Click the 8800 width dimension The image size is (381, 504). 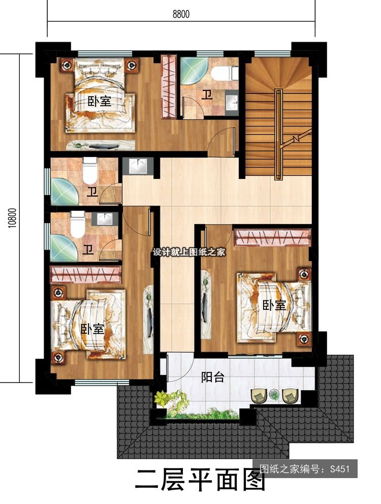[x=181, y=14]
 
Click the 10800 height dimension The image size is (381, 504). [x=12, y=218]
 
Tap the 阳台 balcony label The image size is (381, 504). [x=212, y=377]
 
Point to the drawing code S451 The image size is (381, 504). [x=339, y=468]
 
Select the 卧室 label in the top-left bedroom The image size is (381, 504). [x=100, y=102]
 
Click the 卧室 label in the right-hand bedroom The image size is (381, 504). [x=274, y=305]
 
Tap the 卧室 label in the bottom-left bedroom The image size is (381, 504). [x=92, y=329]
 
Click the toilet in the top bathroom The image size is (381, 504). [x=225, y=73]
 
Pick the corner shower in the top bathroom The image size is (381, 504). [x=191, y=71]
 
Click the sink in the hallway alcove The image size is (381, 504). [x=138, y=166]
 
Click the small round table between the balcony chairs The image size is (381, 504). [x=274, y=394]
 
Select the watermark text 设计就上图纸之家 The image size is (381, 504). [x=189, y=252]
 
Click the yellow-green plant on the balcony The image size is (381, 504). [x=162, y=398]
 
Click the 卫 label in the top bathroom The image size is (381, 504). [x=208, y=95]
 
